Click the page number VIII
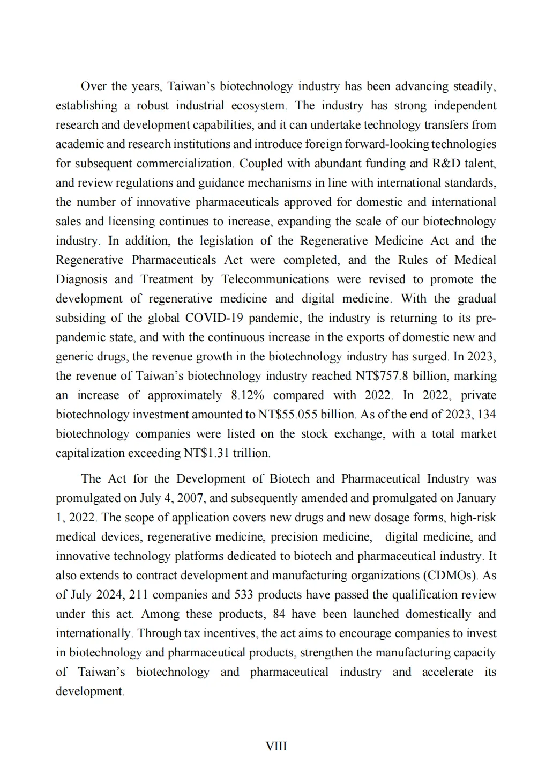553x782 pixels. pos(276,746)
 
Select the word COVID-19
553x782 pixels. pos(214,318)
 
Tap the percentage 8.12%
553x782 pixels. pos(248,395)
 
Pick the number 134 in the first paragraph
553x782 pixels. pos(487,415)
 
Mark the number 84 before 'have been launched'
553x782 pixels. pos(279,614)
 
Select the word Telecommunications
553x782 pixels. pos(275,279)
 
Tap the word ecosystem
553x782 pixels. pos(258,106)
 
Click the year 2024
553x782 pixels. pos(109,595)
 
